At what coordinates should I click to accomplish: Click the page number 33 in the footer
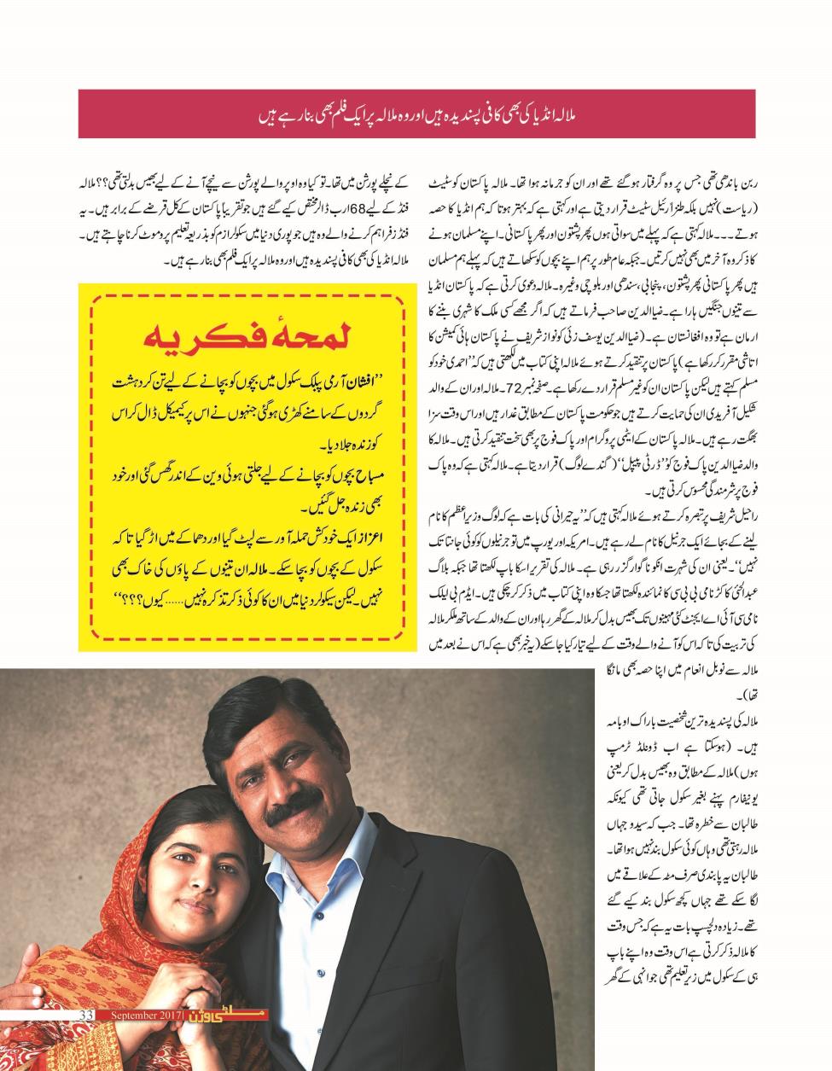(x=85, y=1014)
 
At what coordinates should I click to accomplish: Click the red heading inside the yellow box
(x=248, y=339)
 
